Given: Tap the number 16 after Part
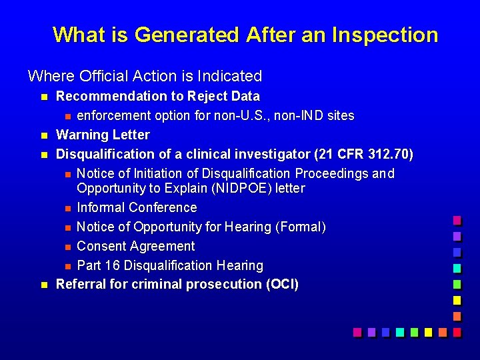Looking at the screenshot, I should (x=112, y=265).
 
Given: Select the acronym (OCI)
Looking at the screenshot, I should (x=282, y=285).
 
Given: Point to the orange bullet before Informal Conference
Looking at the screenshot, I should (x=67, y=208).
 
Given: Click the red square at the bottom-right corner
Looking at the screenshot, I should (x=457, y=331).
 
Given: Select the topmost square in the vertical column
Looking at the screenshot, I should (x=457, y=219).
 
